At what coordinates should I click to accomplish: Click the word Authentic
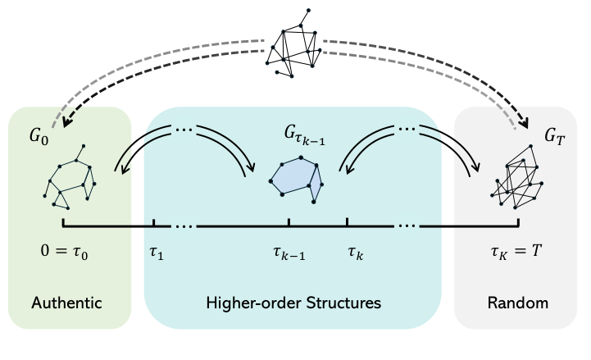pos(66,303)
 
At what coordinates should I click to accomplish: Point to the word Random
pos(517,303)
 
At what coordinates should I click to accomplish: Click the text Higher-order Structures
pos(293,303)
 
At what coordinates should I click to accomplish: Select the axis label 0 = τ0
pos(62,250)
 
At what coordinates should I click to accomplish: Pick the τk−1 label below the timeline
pos(289,253)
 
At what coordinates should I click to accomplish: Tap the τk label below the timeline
pos(354,252)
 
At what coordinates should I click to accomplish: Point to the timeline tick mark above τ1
pos(154,222)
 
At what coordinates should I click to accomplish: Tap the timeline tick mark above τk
pos(348,222)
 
